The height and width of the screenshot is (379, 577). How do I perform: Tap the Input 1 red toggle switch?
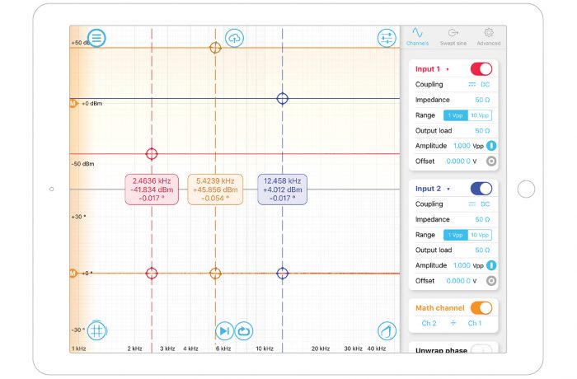[481, 69]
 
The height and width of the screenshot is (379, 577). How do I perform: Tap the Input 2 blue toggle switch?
[481, 189]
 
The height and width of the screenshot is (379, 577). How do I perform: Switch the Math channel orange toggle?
[481, 308]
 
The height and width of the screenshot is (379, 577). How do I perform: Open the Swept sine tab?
[453, 37]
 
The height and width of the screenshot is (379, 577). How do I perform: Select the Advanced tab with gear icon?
[488, 37]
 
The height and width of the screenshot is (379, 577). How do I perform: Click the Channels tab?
[418, 37]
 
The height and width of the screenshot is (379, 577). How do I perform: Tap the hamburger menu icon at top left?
[96, 38]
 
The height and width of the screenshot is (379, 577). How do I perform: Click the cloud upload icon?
[234, 38]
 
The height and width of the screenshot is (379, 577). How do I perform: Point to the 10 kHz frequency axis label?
[264, 349]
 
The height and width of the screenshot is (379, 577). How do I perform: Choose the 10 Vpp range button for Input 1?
[479, 115]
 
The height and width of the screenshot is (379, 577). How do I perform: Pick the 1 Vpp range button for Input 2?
[455, 235]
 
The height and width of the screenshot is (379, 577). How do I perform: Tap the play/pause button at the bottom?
[224, 330]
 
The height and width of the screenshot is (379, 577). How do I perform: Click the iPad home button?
[526, 189]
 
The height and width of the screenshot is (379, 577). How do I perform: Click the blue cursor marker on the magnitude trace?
[283, 98]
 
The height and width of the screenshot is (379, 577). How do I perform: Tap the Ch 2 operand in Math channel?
[429, 324]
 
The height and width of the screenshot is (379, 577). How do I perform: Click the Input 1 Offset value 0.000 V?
[462, 161]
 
